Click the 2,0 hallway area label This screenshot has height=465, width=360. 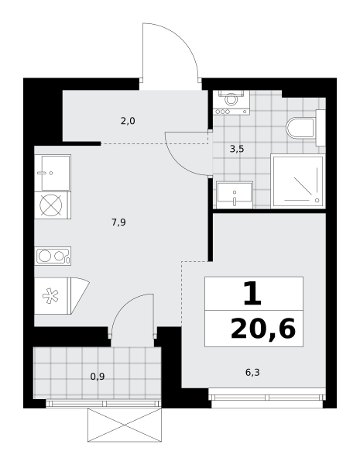click(x=128, y=122)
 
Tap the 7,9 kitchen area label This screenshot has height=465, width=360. click(x=118, y=222)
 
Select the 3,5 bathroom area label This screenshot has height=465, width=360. click(x=237, y=149)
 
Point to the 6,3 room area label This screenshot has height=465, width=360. click(x=252, y=372)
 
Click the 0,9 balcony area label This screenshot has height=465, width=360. click(x=98, y=377)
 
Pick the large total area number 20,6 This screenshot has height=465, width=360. click(x=263, y=329)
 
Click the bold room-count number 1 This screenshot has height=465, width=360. click(x=252, y=294)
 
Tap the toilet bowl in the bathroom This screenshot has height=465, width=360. click(x=300, y=128)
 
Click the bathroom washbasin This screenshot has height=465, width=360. click(x=235, y=195)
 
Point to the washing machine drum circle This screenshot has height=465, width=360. click(x=231, y=98)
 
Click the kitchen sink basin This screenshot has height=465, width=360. click(x=56, y=173)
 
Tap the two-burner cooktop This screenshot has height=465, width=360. click(x=53, y=256)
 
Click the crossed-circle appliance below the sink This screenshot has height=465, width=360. click(x=51, y=205)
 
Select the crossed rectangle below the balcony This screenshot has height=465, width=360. click(x=125, y=425)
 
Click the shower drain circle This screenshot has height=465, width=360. click(x=317, y=201)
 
